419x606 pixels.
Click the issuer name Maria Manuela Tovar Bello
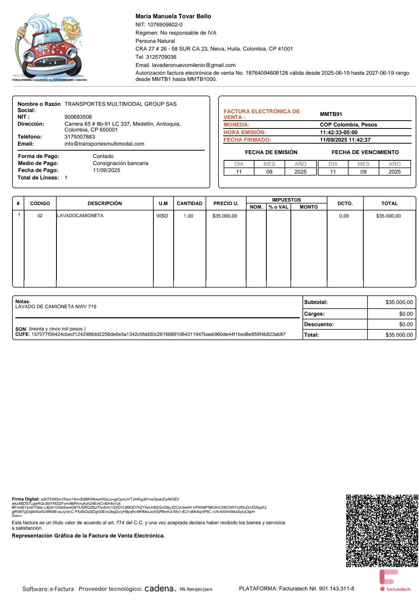click(x=173, y=16)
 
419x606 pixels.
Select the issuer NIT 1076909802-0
click(x=159, y=25)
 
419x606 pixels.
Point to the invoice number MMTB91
click(x=331, y=114)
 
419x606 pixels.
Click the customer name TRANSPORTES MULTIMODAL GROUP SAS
click(x=120, y=104)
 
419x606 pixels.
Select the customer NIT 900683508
click(x=78, y=117)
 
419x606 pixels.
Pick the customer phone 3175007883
click(x=80, y=137)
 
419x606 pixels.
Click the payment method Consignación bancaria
click(x=120, y=163)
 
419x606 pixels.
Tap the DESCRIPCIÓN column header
click(x=104, y=203)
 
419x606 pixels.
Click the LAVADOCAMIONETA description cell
click(x=80, y=216)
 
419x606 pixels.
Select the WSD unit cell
click(x=162, y=216)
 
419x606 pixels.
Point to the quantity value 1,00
click(x=188, y=216)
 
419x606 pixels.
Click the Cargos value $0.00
click(x=406, y=314)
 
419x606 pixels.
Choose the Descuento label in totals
click(x=319, y=324)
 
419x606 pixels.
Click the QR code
click(x=382, y=530)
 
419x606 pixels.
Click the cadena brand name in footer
click(x=160, y=588)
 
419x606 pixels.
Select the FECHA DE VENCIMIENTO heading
click(x=365, y=152)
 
